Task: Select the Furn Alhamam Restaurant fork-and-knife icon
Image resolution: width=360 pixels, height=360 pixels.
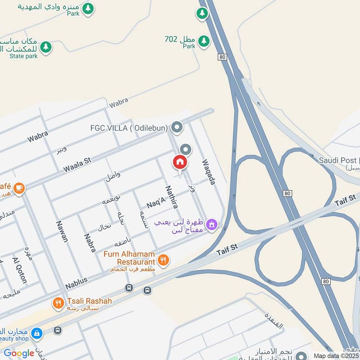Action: pyautogui.click(x=163, y=259)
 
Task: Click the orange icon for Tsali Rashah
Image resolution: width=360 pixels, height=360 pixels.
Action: pyautogui.click(x=58, y=303)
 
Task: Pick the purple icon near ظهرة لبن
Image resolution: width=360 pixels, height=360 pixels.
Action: pyautogui.click(x=211, y=224)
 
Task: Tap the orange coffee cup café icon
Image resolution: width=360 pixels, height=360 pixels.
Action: pyautogui.click(x=18, y=188)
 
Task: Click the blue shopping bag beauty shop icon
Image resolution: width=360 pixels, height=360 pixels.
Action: pyautogui.click(x=36, y=333)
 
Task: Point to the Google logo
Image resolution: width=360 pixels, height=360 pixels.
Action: pyautogui.click(x=19, y=353)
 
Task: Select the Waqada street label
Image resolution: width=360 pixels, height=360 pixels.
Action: pyautogui.click(x=209, y=172)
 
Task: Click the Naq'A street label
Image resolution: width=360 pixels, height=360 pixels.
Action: pyautogui.click(x=156, y=203)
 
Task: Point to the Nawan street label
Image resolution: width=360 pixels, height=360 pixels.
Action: pyautogui.click(x=62, y=231)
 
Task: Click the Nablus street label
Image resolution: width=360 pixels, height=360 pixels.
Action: pyautogui.click(x=76, y=283)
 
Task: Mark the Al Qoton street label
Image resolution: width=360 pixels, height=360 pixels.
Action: pyautogui.click(x=20, y=270)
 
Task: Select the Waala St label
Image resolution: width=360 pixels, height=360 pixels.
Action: pyautogui.click(x=77, y=165)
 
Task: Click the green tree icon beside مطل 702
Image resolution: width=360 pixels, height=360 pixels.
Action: pyautogui.click(x=204, y=41)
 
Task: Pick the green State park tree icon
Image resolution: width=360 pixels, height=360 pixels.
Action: pyautogui.click(x=45, y=46)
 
